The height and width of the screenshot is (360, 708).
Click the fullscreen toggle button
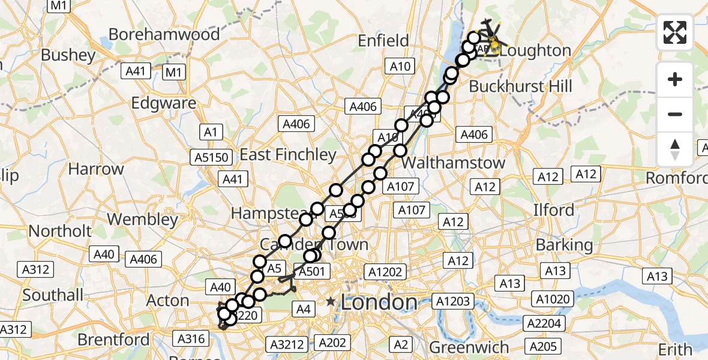coord(675,32)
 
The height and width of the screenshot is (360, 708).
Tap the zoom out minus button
coord(675,114)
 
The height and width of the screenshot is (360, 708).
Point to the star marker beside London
coord(331,301)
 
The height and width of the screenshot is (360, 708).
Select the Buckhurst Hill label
coord(520,86)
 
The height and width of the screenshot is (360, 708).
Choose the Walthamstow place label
coord(454,163)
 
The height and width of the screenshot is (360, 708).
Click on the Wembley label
coord(142,219)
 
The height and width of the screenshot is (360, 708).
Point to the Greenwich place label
coord(470,347)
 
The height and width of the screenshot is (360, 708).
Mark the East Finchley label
coord(288,154)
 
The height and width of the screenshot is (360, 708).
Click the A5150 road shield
coord(211,157)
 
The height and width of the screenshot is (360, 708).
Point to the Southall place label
coord(53,295)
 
